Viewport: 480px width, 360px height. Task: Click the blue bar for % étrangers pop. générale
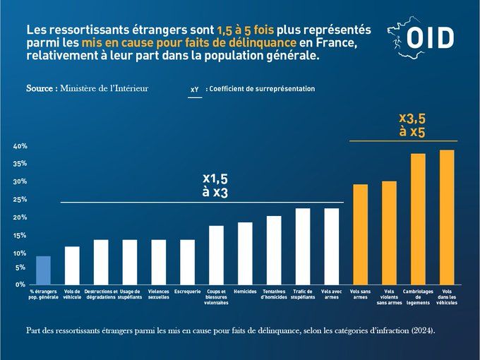coord(43,269)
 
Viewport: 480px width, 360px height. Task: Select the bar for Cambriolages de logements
coord(418,218)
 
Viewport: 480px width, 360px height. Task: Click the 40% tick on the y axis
coord(20,146)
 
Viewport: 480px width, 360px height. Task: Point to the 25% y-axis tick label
coord(20,200)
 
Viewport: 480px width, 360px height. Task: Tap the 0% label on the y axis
coord(21,284)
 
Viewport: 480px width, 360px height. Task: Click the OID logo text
coord(431,38)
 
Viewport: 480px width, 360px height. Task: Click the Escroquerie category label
coord(187,292)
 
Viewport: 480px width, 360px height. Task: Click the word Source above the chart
coord(41,90)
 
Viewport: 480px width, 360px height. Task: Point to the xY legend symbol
coord(194,90)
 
